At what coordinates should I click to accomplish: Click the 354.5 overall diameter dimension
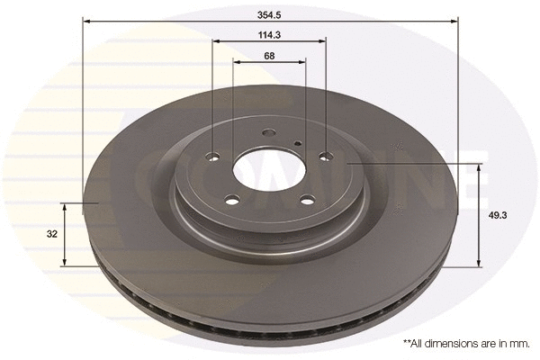tap(270, 13)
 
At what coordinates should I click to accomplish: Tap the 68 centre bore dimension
tap(270, 56)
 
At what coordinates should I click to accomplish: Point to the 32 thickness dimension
tap(52, 234)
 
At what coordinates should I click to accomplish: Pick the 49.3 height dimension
tap(494, 216)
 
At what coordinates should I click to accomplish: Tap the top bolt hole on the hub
tap(267, 136)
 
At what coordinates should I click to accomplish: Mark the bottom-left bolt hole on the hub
tap(231, 200)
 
